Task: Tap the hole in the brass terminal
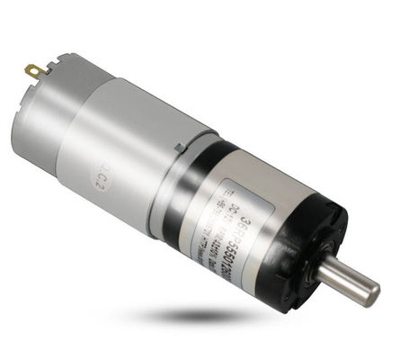32,67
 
